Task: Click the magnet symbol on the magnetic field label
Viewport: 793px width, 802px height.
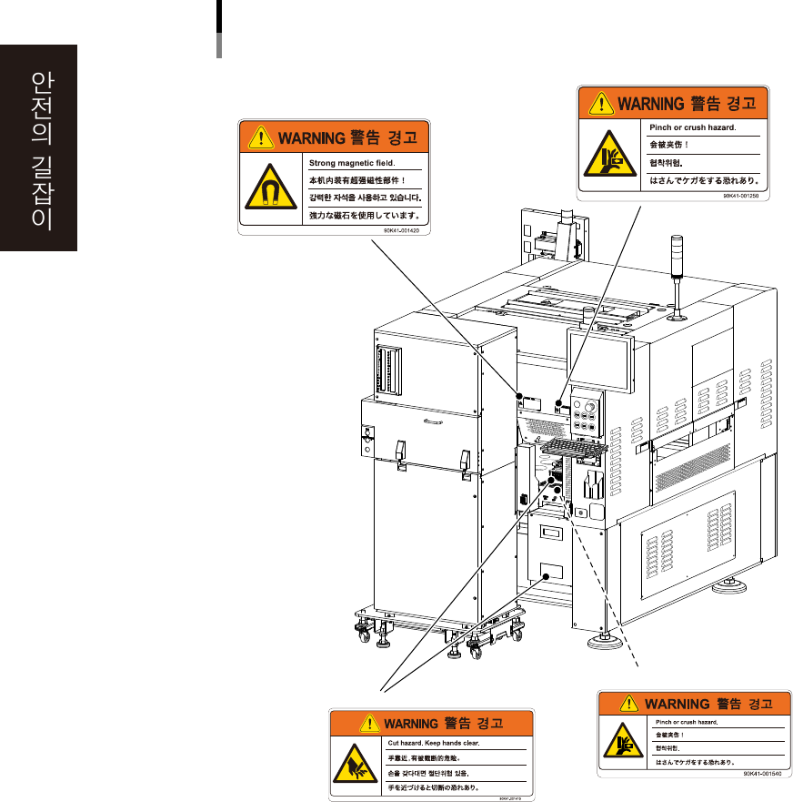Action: (x=268, y=188)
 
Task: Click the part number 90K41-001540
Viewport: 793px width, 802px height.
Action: (x=762, y=773)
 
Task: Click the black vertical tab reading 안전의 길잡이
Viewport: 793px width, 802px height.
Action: (x=39, y=148)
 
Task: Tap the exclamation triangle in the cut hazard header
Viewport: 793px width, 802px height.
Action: (x=370, y=725)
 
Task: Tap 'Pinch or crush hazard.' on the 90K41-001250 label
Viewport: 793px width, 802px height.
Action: (x=693, y=127)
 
